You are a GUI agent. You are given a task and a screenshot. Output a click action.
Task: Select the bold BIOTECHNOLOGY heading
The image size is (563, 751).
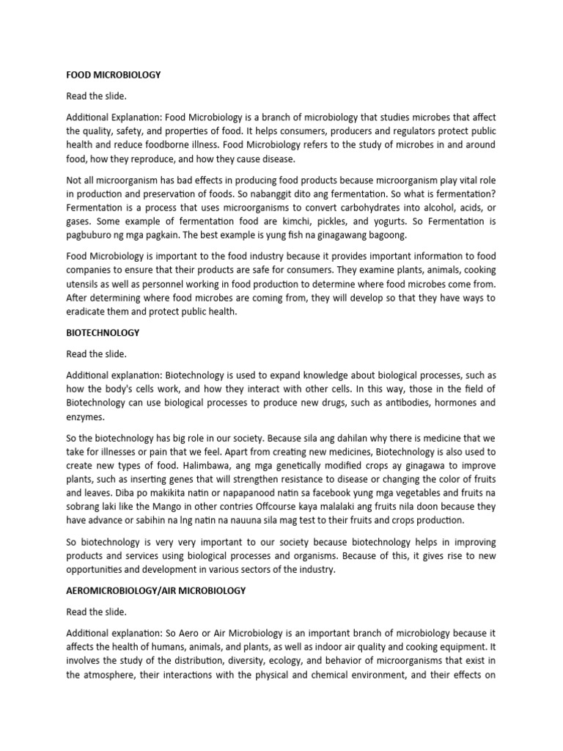103,332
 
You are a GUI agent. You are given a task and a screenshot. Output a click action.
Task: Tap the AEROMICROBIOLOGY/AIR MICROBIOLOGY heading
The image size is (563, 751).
156,590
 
